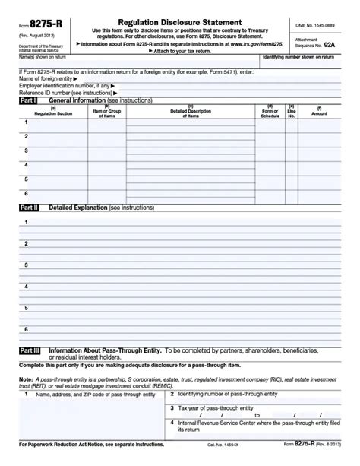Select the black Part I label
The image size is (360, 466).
click(x=28, y=100)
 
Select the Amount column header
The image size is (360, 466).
click(x=319, y=112)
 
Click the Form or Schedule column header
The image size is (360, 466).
click(x=270, y=112)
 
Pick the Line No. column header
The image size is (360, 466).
click(x=291, y=112)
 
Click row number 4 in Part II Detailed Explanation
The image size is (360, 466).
click(x=26, y=287)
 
